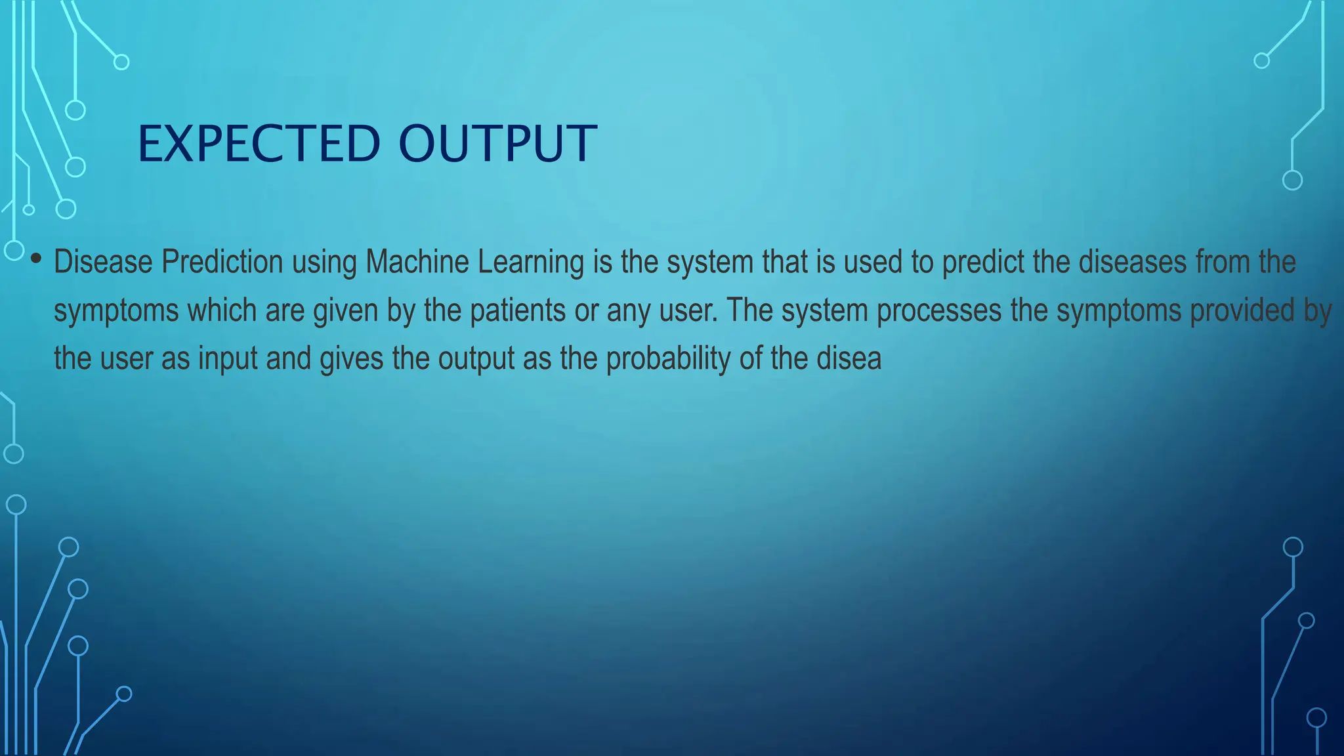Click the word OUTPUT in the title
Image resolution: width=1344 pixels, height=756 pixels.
[x=497, y=144]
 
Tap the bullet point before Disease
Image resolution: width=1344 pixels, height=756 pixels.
[x=36, y=259]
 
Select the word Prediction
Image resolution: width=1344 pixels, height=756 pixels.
[x=222, y=262]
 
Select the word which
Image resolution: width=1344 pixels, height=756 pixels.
[x=221, y=310]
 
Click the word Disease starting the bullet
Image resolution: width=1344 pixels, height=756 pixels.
[x=103, y=262]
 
